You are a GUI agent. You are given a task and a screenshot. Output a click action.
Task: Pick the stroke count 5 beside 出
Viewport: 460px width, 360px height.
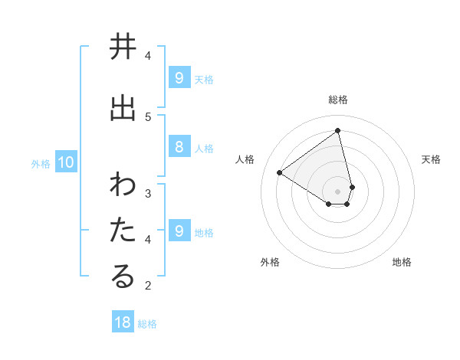(148, 116)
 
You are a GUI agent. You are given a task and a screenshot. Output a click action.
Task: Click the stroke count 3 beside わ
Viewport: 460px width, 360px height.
(148, 193)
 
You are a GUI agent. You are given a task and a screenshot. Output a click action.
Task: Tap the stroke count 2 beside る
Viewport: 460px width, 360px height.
(148, 286)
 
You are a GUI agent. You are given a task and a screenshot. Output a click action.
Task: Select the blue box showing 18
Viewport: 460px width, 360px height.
(123, 322)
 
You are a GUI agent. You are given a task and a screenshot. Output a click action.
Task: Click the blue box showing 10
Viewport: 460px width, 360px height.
(65, 162)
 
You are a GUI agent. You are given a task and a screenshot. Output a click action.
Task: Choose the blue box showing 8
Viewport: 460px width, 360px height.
(179, 147)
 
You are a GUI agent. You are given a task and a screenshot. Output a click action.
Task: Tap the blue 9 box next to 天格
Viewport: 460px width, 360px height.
(179, 77)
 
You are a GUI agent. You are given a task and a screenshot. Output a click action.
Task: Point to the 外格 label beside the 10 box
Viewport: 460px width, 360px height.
(41, 163)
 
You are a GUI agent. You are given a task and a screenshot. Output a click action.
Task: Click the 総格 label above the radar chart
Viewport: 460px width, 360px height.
(338, 100)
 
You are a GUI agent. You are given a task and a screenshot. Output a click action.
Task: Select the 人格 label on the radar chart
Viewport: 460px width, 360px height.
(245, 159)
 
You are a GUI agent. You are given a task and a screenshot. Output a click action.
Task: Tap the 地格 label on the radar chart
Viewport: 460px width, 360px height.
(402, 262)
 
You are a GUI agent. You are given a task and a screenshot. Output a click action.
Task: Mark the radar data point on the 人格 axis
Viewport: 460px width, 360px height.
(280, 172)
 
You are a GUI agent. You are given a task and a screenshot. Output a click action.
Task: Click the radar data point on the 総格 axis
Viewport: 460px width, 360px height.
(338, 130)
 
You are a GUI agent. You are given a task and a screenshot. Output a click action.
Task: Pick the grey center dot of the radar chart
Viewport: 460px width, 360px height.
(338, 191)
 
